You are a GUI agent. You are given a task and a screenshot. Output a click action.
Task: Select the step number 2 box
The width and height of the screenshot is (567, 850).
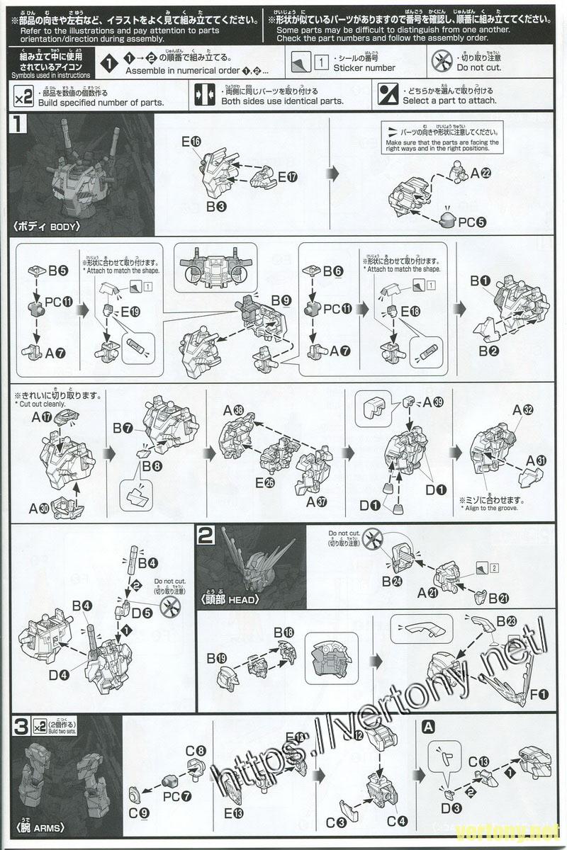[x=206, y=536]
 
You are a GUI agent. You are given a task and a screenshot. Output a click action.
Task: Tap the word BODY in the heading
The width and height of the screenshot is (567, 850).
[x=64, y=227]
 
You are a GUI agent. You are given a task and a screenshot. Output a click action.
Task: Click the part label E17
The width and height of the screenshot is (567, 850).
[x=287, y=176]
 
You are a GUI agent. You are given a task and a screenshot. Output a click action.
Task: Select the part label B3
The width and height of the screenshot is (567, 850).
[x=216, y=207]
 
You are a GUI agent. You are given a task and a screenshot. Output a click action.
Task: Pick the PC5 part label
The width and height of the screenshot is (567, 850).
[x=471, y=222]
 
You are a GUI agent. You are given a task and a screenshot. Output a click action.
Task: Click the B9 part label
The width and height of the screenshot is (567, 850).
[x=281, y=300]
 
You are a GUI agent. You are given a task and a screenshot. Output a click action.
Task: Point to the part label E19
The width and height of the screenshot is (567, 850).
[x=130, y=311]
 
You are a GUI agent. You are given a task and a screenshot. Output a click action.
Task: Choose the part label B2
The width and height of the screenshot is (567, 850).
[x=487, y=350]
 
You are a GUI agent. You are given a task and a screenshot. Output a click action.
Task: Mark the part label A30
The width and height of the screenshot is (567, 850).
[x=39, y=507]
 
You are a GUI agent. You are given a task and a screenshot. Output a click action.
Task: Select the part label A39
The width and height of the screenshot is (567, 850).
[x=432, y=402]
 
